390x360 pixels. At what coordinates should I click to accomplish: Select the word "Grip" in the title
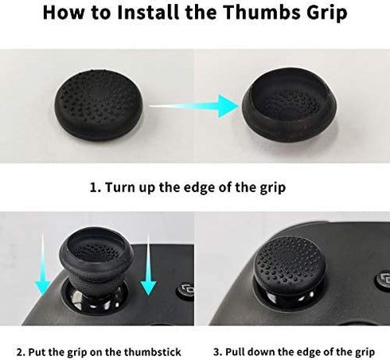pos(327,14)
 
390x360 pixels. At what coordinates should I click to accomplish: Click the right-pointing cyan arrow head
pos(228,106)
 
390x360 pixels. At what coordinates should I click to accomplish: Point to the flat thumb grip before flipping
pos(99,105)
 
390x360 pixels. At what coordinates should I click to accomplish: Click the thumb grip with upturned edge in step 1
pos(289,104)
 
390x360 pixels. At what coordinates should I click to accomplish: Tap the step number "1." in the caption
pos(96,187)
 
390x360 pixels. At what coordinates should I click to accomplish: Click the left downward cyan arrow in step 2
pos(42,264)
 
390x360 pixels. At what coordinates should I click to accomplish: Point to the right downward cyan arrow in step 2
pos(148,265)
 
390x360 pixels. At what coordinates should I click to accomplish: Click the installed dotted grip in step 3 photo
pos(289,262)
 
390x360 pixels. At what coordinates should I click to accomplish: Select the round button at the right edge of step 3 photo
pos(383,280)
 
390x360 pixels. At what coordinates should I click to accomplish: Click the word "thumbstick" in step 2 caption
pos(153,352)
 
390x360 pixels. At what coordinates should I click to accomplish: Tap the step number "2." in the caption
pos(21,352)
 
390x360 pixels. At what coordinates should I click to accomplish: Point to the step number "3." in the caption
pos(218,352)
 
